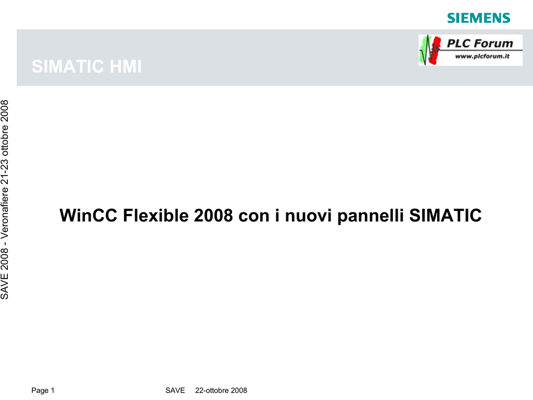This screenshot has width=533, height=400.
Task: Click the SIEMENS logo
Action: pos(479,18)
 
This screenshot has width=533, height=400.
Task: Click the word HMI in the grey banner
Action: pos(125,66)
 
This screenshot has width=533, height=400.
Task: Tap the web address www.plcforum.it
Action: pos(482,56)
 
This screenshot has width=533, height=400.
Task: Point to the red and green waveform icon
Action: pos(430,50)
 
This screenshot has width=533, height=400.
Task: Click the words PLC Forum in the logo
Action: pos(479,43)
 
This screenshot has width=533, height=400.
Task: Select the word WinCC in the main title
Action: pos(88,215)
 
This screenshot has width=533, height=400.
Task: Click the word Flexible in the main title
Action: pos(156,215)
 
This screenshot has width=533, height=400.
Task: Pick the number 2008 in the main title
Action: pos(213,215)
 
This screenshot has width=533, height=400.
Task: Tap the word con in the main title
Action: pos(254,216)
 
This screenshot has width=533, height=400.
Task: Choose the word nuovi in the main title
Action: pos(308,216)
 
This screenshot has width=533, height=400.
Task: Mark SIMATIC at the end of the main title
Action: pos(446,215)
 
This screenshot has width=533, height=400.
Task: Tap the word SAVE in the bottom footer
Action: pos(175,391)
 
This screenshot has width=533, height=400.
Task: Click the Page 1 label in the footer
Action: pos(43,391)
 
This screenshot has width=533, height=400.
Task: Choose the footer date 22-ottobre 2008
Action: pos(221,391)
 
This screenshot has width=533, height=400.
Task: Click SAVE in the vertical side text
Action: pos(5,287)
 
